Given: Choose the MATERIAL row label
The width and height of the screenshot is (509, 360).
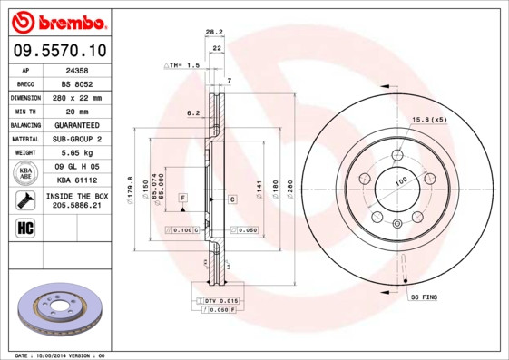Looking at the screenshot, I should pos(25,139).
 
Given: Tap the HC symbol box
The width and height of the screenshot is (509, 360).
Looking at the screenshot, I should pos(25,227).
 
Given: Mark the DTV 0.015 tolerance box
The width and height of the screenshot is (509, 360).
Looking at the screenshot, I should pos(218,300).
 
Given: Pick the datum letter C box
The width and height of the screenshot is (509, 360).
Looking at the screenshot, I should pos(232,198).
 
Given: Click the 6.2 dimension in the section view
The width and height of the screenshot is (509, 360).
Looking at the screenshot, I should pos(192,113).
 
